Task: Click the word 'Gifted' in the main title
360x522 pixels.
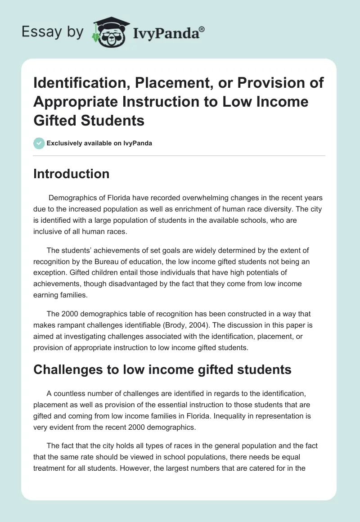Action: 56,120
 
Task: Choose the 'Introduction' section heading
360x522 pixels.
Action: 71,174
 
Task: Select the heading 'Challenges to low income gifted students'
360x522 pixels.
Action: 162,369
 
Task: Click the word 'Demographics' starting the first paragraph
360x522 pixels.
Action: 72,198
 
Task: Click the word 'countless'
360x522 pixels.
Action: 69,393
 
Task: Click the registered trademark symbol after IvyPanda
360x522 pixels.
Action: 202,28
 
